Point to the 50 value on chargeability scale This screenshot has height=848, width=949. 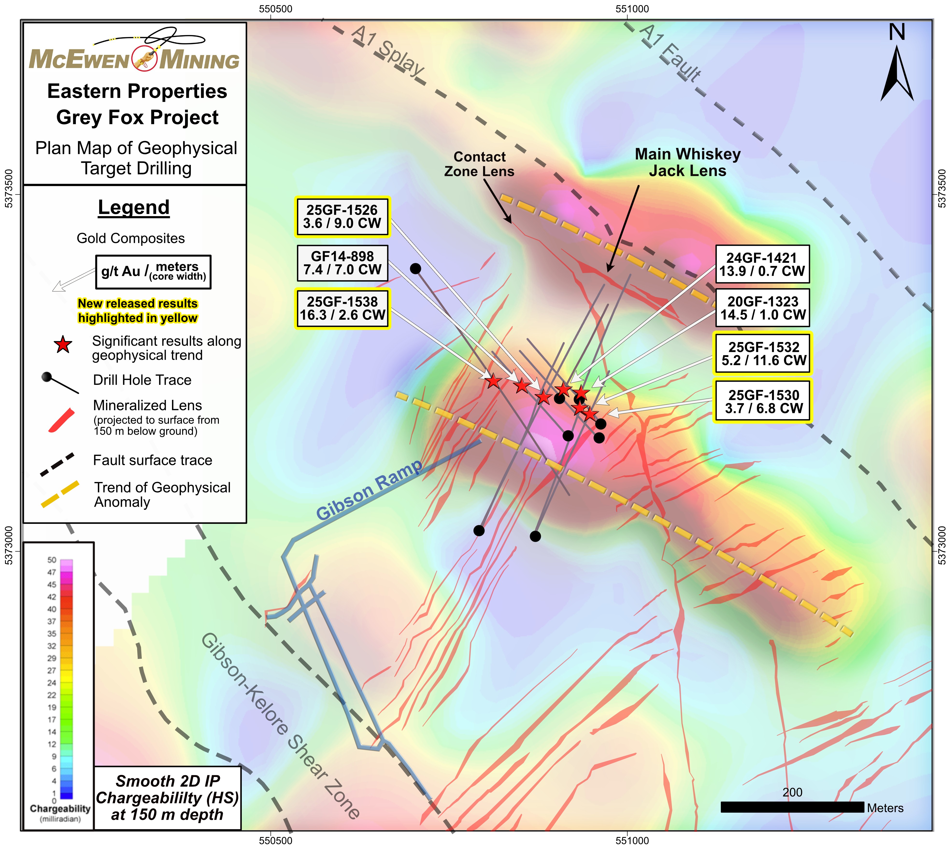click(52, 560)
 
